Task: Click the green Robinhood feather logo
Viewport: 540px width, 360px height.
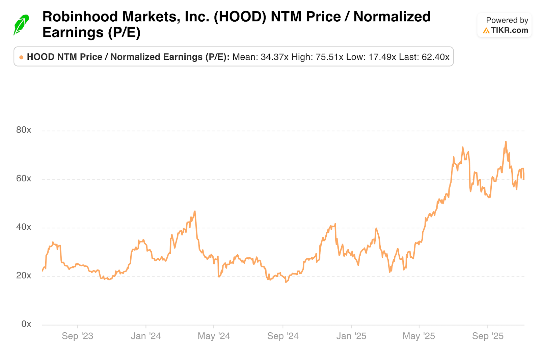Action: click(21, 25)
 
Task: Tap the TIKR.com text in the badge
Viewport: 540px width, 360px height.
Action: click(509, 30)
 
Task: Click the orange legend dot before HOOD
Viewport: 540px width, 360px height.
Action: click(21, 57)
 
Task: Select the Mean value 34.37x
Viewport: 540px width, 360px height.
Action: click(274, 57)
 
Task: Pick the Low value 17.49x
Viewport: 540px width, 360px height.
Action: click(382, 57)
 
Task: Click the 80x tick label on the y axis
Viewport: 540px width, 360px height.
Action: click(24, 130)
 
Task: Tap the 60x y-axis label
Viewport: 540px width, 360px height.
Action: click(24, 179)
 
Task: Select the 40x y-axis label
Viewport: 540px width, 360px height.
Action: click(24, 227)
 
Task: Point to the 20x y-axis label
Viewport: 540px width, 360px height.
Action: click(24, 276)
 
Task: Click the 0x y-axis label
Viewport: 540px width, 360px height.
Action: click(26, 324)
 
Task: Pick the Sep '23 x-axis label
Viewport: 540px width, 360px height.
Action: click(77, 336)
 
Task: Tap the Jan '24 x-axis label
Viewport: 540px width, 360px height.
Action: click(146, 336)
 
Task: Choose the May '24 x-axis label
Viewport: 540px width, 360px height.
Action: click(214, 336)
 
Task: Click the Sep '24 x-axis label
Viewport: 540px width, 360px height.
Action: click(283, 336)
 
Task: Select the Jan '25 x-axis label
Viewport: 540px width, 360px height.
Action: click(351, 336)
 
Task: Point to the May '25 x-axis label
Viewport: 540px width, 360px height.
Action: click(419, 336)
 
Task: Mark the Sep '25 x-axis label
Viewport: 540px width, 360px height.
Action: click(488, 336)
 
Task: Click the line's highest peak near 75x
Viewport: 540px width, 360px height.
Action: click(506, 142)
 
